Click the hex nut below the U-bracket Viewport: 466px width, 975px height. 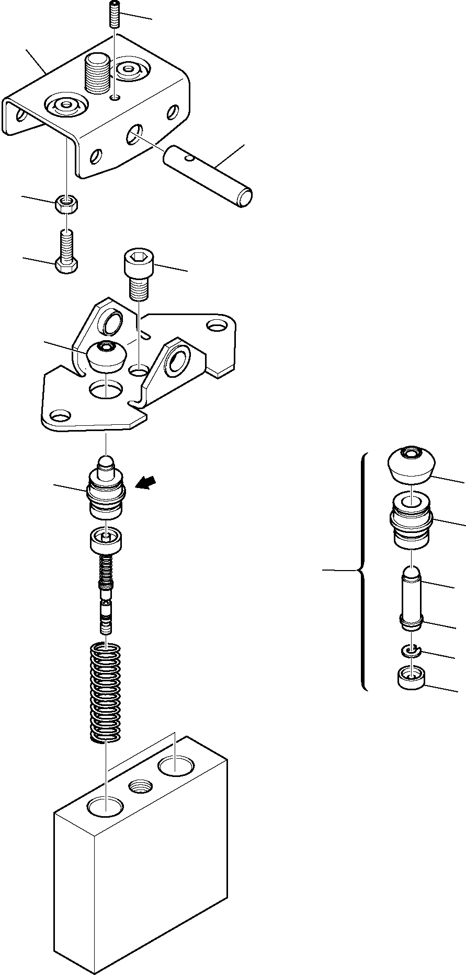click(66, 204)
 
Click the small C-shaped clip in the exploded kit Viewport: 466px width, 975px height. click(412, 651)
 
